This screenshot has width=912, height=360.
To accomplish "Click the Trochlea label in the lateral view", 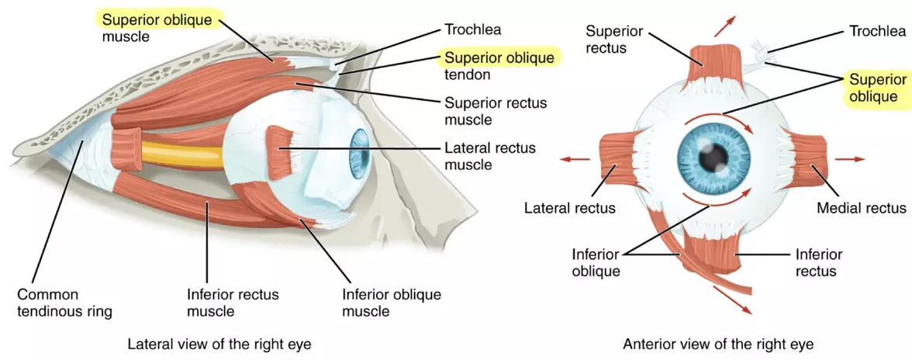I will click(472, 29).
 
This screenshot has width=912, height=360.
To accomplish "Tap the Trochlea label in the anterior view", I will click(877, 31).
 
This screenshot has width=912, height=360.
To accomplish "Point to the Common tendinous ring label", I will click(64, 303).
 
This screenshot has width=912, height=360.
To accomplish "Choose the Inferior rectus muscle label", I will click(233, 303).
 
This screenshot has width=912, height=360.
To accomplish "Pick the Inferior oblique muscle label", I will click(391, 303).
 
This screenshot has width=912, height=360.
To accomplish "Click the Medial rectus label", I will click(861, 208).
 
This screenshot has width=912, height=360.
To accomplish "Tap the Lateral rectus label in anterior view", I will click(570, 208).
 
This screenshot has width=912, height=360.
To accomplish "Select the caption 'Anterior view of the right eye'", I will click(718, 342).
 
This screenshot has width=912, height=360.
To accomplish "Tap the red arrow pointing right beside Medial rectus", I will click(850, 159).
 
